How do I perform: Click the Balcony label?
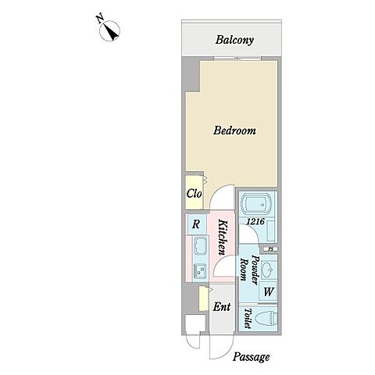pyautogui.click(x=234, y=40)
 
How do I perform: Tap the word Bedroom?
pyautogui.click(x=234, y=130)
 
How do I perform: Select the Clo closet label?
pyautogui.click(x=195, y=194)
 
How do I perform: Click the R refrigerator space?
pyautogui.click(x=196, y=224)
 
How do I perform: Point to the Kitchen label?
pyautogui.click(x=223, y=237)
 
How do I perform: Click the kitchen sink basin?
pyautogui.click(x=200, y=246)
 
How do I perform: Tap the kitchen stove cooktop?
pyautogui.click(x=200, y=271)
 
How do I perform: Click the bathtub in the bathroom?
pyautogui.click(x=256, y=205)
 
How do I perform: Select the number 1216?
pyautogui.click(x=255, y=221)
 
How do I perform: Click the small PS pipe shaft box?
pyautogui.click(x=270, y=249)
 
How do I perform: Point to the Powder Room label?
pyautogui.click(x=249, y=268)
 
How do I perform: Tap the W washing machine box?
pyautogui.click(x=269, y=291)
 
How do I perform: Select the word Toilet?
pyautogui.click(x=248, y=318)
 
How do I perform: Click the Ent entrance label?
pyautogui.click(x=222, y=307)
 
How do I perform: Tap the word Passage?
pyautogui.click(x=251, y=357)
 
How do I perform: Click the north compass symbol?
pyautogui.click(x=110, y=31)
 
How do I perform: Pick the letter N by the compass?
pyautogui.click(x=100, y=20)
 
